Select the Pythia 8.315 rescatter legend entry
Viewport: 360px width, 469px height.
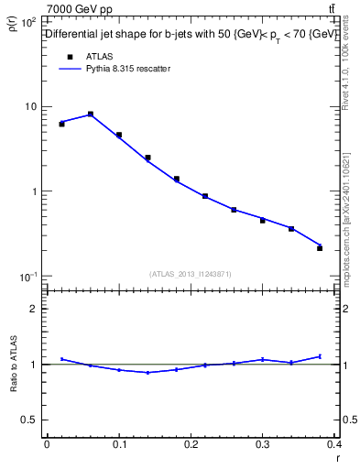point(116,69)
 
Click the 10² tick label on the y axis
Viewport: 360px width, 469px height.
point(28,22)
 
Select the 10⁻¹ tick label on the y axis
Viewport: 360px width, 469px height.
point(28,277)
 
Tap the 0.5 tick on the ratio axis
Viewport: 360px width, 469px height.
point(29,420)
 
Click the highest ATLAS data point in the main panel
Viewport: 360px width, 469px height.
point(91,115)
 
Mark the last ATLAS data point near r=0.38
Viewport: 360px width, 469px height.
point(320,247)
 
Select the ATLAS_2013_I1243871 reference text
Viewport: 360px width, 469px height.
point(190,274)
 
